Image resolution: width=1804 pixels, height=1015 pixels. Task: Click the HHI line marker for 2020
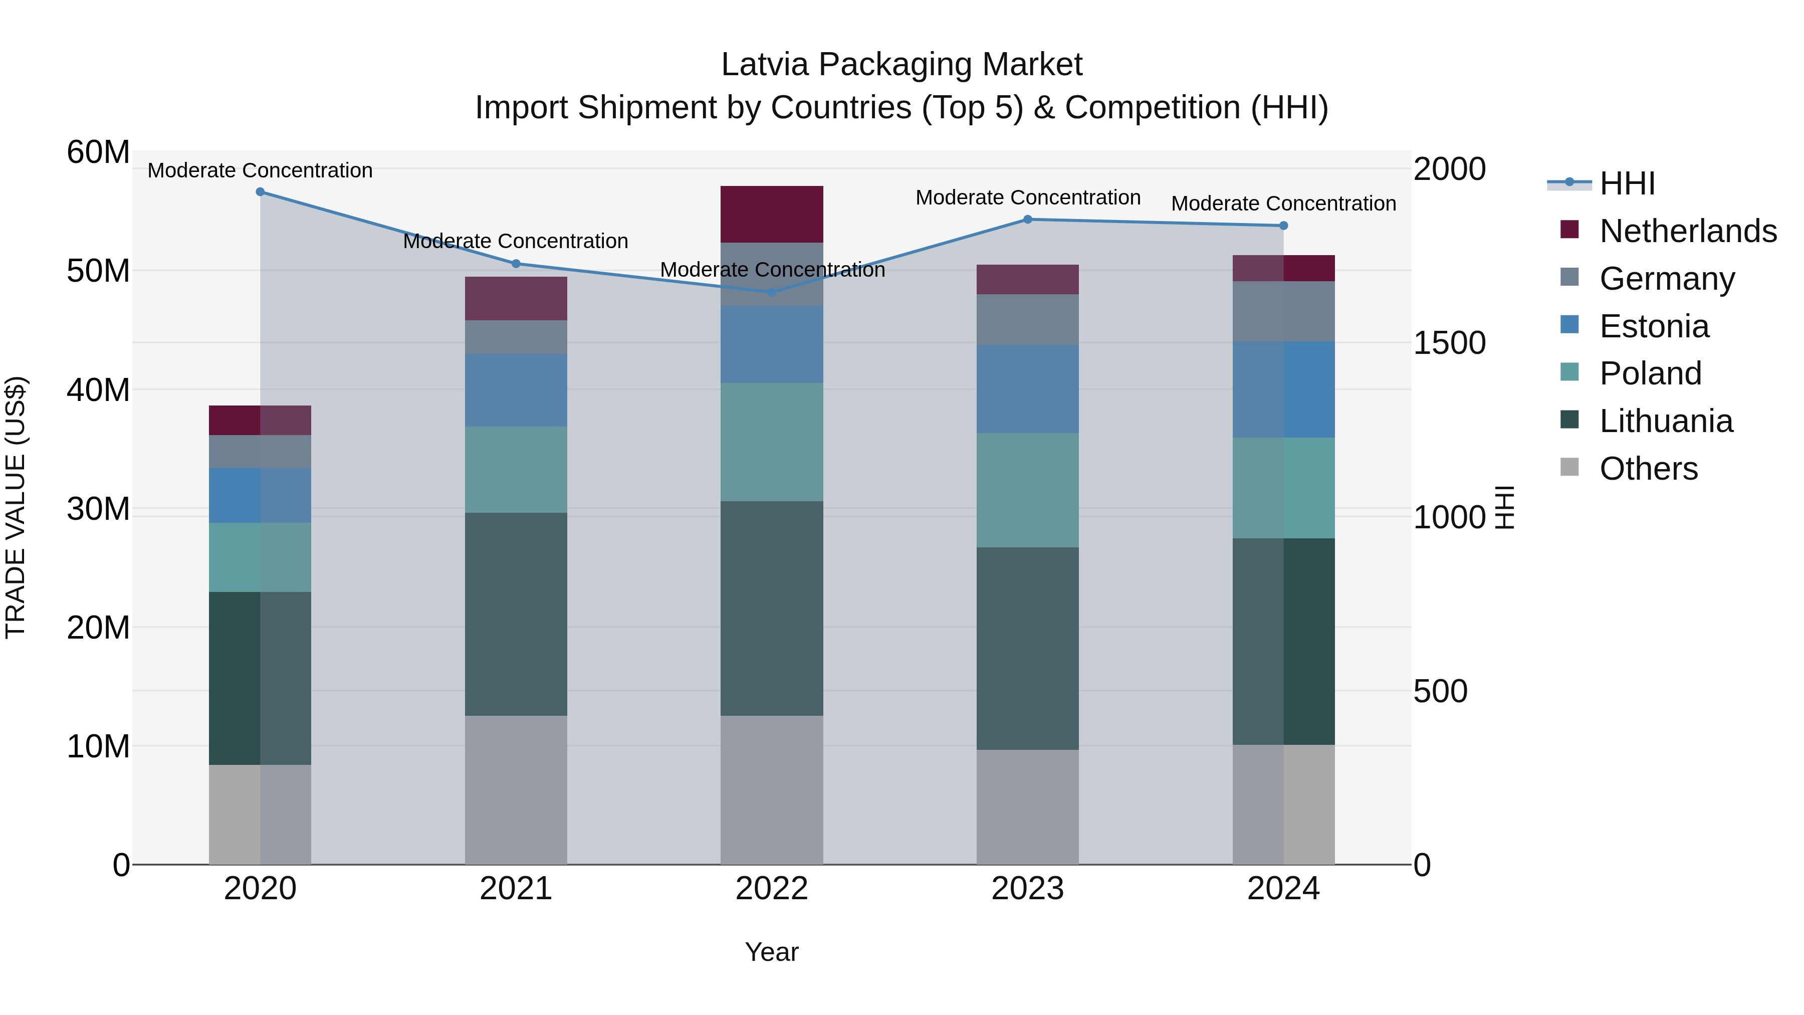click(260, 191)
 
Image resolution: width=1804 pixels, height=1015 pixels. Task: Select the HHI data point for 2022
click(772, 292)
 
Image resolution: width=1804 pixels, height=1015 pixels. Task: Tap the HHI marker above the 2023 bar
click(1027, 219)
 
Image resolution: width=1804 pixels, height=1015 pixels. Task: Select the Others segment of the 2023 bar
click(1027, 807)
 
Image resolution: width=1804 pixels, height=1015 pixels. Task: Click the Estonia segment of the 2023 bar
click(1027, 389)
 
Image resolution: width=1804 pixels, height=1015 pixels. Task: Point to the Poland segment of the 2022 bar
click(772, 441)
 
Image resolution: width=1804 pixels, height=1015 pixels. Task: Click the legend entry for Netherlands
click(1688, 231)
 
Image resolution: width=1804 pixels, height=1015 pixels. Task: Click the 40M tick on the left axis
click(98, 389)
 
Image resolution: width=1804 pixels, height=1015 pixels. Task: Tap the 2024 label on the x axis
click(1283, 889)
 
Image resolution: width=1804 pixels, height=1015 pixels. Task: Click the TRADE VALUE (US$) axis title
click(16, 507)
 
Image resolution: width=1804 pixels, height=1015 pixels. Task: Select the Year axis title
click(772, 952)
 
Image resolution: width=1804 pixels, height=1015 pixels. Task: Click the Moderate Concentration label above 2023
click(1027, 197)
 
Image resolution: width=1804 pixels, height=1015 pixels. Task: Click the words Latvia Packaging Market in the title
click(901, 65)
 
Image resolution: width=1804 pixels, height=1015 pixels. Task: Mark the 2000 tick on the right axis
click(1449, 169)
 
